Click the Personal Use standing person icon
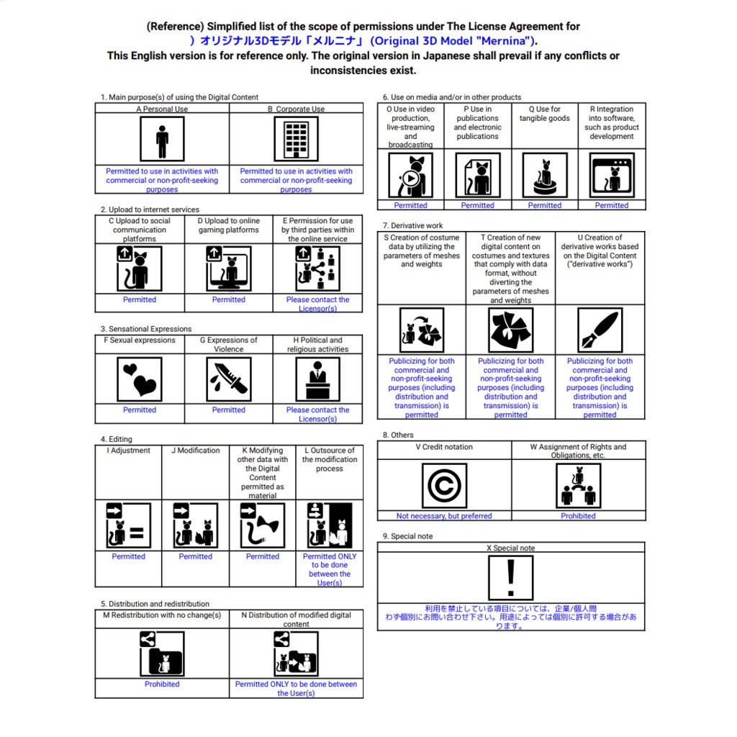point(162,139)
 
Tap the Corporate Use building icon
point(296,139)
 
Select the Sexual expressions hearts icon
point(140,379)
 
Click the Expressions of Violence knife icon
point(228,379)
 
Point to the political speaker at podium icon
point(317,379)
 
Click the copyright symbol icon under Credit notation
point(444,486)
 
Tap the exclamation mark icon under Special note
point(511,578)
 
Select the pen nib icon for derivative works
point(600,330)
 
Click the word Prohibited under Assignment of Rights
point(578,515)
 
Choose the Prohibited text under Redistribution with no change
point(162,684)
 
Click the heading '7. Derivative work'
point(412,225)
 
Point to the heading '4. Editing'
point(116,439)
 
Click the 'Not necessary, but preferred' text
point(444,515)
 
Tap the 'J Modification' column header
point(196,451)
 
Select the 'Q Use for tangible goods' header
point(545,113)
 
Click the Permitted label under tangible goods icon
point(545,205)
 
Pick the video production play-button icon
point(411,176)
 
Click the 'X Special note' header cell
point(511,548)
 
